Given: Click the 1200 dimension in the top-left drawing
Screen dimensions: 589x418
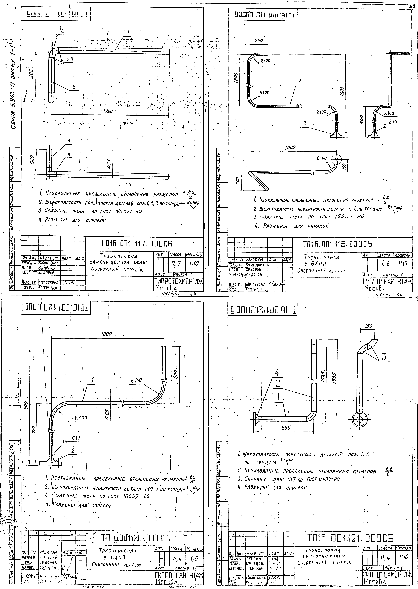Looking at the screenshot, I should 108,111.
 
